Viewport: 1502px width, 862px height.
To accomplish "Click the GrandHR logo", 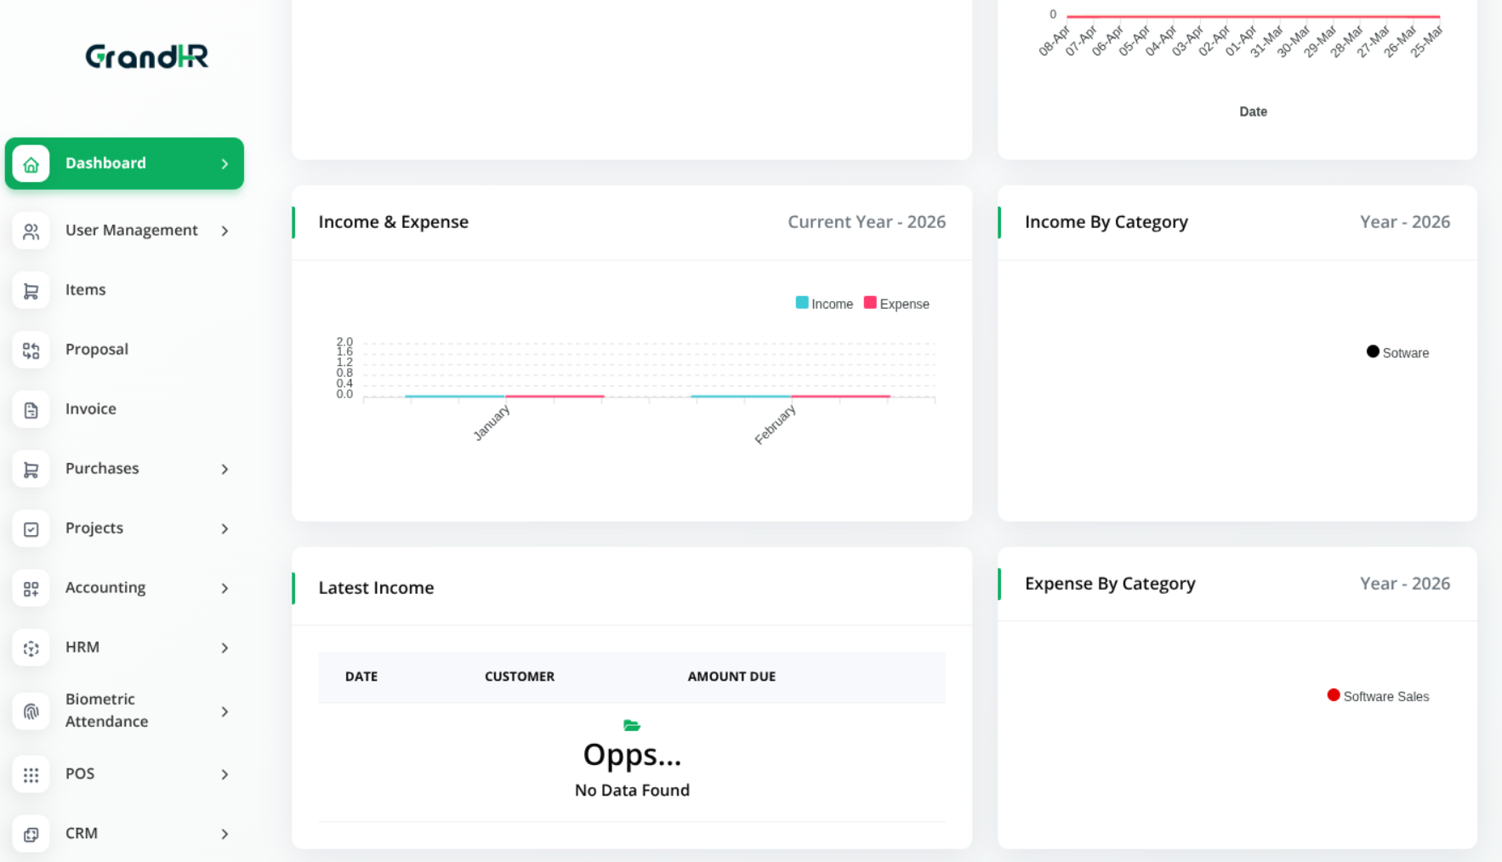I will tap(146, 56).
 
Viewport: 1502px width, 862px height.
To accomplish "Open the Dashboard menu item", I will tap(105, 163).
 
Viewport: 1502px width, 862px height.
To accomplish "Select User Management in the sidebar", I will tap(131, 231).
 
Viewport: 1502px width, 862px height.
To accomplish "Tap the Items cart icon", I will tap(31, 291).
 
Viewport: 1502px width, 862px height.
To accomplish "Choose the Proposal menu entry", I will tap(96, 350).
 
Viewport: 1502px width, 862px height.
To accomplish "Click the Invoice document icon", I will tap(31, 410).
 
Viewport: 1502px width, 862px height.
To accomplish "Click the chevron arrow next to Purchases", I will tap(225, 469).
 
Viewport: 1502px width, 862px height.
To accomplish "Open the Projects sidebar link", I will tap(94, 528).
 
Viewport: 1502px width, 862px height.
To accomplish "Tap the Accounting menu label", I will tap(105, 588).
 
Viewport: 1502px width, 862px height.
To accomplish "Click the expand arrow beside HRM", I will tap(225, 648).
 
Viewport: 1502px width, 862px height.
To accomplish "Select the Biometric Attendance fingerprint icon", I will tap(31, 711).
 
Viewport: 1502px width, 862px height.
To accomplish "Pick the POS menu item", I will tap(80, 774).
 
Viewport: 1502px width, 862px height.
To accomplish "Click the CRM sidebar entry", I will tap(82, 834).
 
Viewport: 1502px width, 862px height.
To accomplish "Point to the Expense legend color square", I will tap(870, 303).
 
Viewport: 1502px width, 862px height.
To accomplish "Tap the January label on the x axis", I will tap(492, 422).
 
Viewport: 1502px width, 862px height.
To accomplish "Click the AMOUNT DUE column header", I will tap(731, 676).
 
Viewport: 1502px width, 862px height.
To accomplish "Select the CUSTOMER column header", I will tap(520, 676).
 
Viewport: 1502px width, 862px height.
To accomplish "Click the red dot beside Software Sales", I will tap(1334, 695).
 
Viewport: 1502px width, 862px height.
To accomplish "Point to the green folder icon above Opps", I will tap(632, 726).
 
